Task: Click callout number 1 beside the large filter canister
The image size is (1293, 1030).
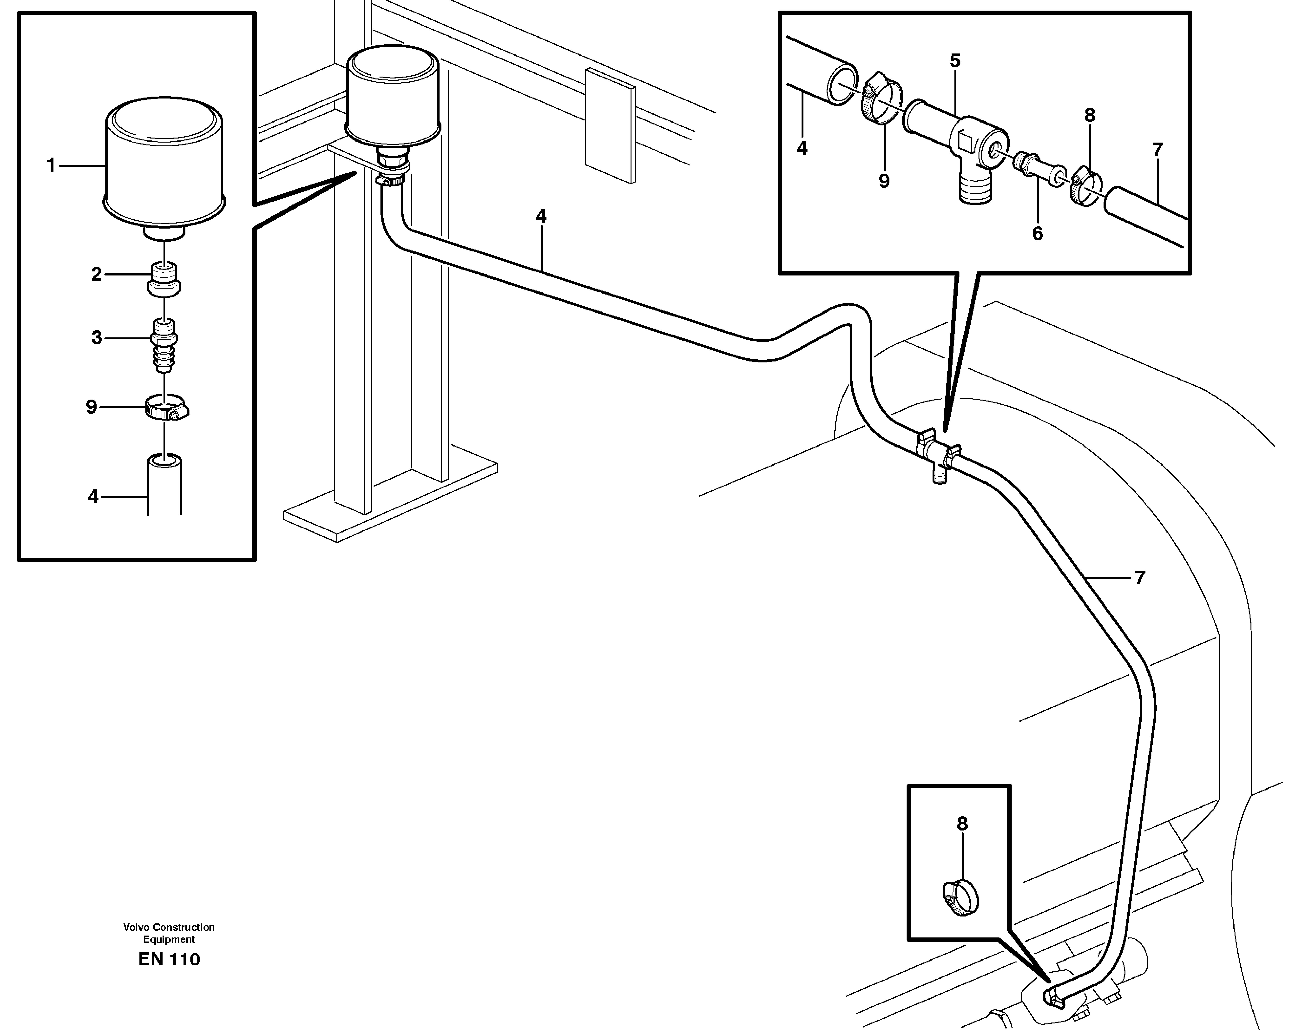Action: click(x=51, y=165)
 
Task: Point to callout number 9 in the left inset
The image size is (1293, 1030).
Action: click(x=91, y=407)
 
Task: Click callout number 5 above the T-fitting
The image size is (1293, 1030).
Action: click(x=955, y=61)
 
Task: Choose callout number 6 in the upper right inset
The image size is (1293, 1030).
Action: click(x=1037, y=233)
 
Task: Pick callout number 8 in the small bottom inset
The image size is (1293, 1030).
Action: click(x=962, y=824)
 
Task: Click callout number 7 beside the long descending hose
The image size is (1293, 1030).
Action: click(x=1140, y=578)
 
